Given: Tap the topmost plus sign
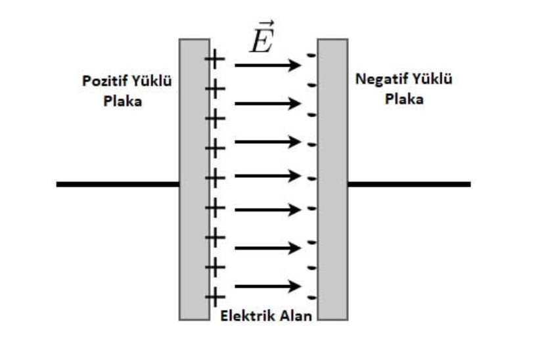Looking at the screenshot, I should (x=215, y=60).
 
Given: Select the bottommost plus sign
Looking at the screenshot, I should (x=215, y=296).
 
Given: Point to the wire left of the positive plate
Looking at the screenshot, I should (x=118, y=185).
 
